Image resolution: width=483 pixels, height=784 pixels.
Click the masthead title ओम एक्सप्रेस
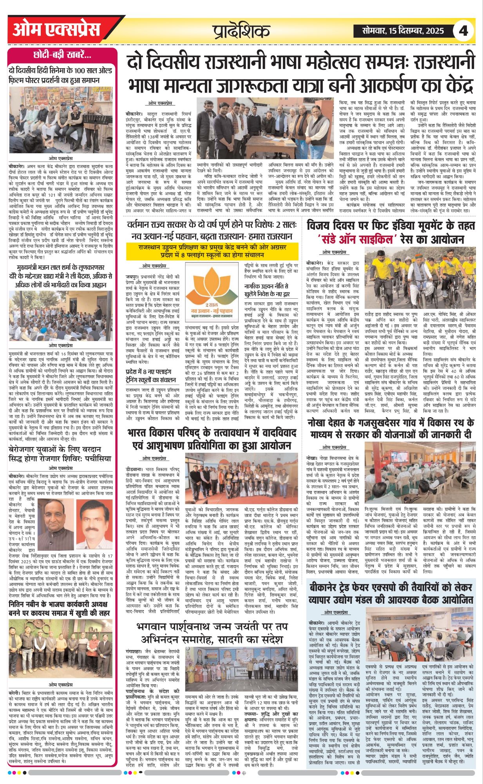[x=56, y=30]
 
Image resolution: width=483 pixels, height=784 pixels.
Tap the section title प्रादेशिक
[x=242, y=31]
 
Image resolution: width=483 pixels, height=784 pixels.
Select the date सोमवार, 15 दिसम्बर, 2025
[x=403, y=31]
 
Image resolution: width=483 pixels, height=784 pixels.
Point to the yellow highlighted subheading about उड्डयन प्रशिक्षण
[x=212, y=251]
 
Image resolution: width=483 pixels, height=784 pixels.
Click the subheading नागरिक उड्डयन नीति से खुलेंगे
[x=266, y=290]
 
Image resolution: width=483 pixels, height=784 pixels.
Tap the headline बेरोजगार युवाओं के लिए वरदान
[x=61, y=454]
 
